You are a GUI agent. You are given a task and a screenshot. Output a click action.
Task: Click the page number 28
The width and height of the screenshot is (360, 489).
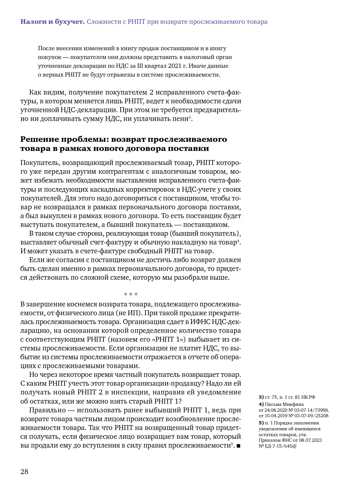24,471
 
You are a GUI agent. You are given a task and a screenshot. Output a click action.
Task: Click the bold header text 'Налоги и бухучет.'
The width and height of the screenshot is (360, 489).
52,22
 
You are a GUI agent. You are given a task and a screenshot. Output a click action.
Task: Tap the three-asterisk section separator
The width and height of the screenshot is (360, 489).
131,295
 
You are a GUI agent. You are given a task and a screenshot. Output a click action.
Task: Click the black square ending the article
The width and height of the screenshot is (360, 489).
238,446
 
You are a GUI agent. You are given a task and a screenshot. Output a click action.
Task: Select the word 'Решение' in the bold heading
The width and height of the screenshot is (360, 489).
40,139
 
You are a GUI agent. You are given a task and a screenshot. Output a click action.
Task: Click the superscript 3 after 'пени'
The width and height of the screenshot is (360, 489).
190,117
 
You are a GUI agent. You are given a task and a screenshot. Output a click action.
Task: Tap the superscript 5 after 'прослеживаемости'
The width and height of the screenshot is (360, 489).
232,444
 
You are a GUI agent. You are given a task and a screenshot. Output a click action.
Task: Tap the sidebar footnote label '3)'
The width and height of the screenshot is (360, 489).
261,397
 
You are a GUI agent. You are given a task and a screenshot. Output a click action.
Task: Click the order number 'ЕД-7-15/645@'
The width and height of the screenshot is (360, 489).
280,446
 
